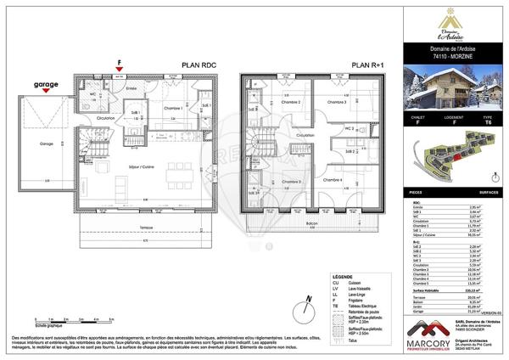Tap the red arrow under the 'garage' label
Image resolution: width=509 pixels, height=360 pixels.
click(42, 94)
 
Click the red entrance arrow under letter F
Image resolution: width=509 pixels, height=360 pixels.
click(120, 71)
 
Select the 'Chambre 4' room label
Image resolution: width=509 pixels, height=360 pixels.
click(331, 180)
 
